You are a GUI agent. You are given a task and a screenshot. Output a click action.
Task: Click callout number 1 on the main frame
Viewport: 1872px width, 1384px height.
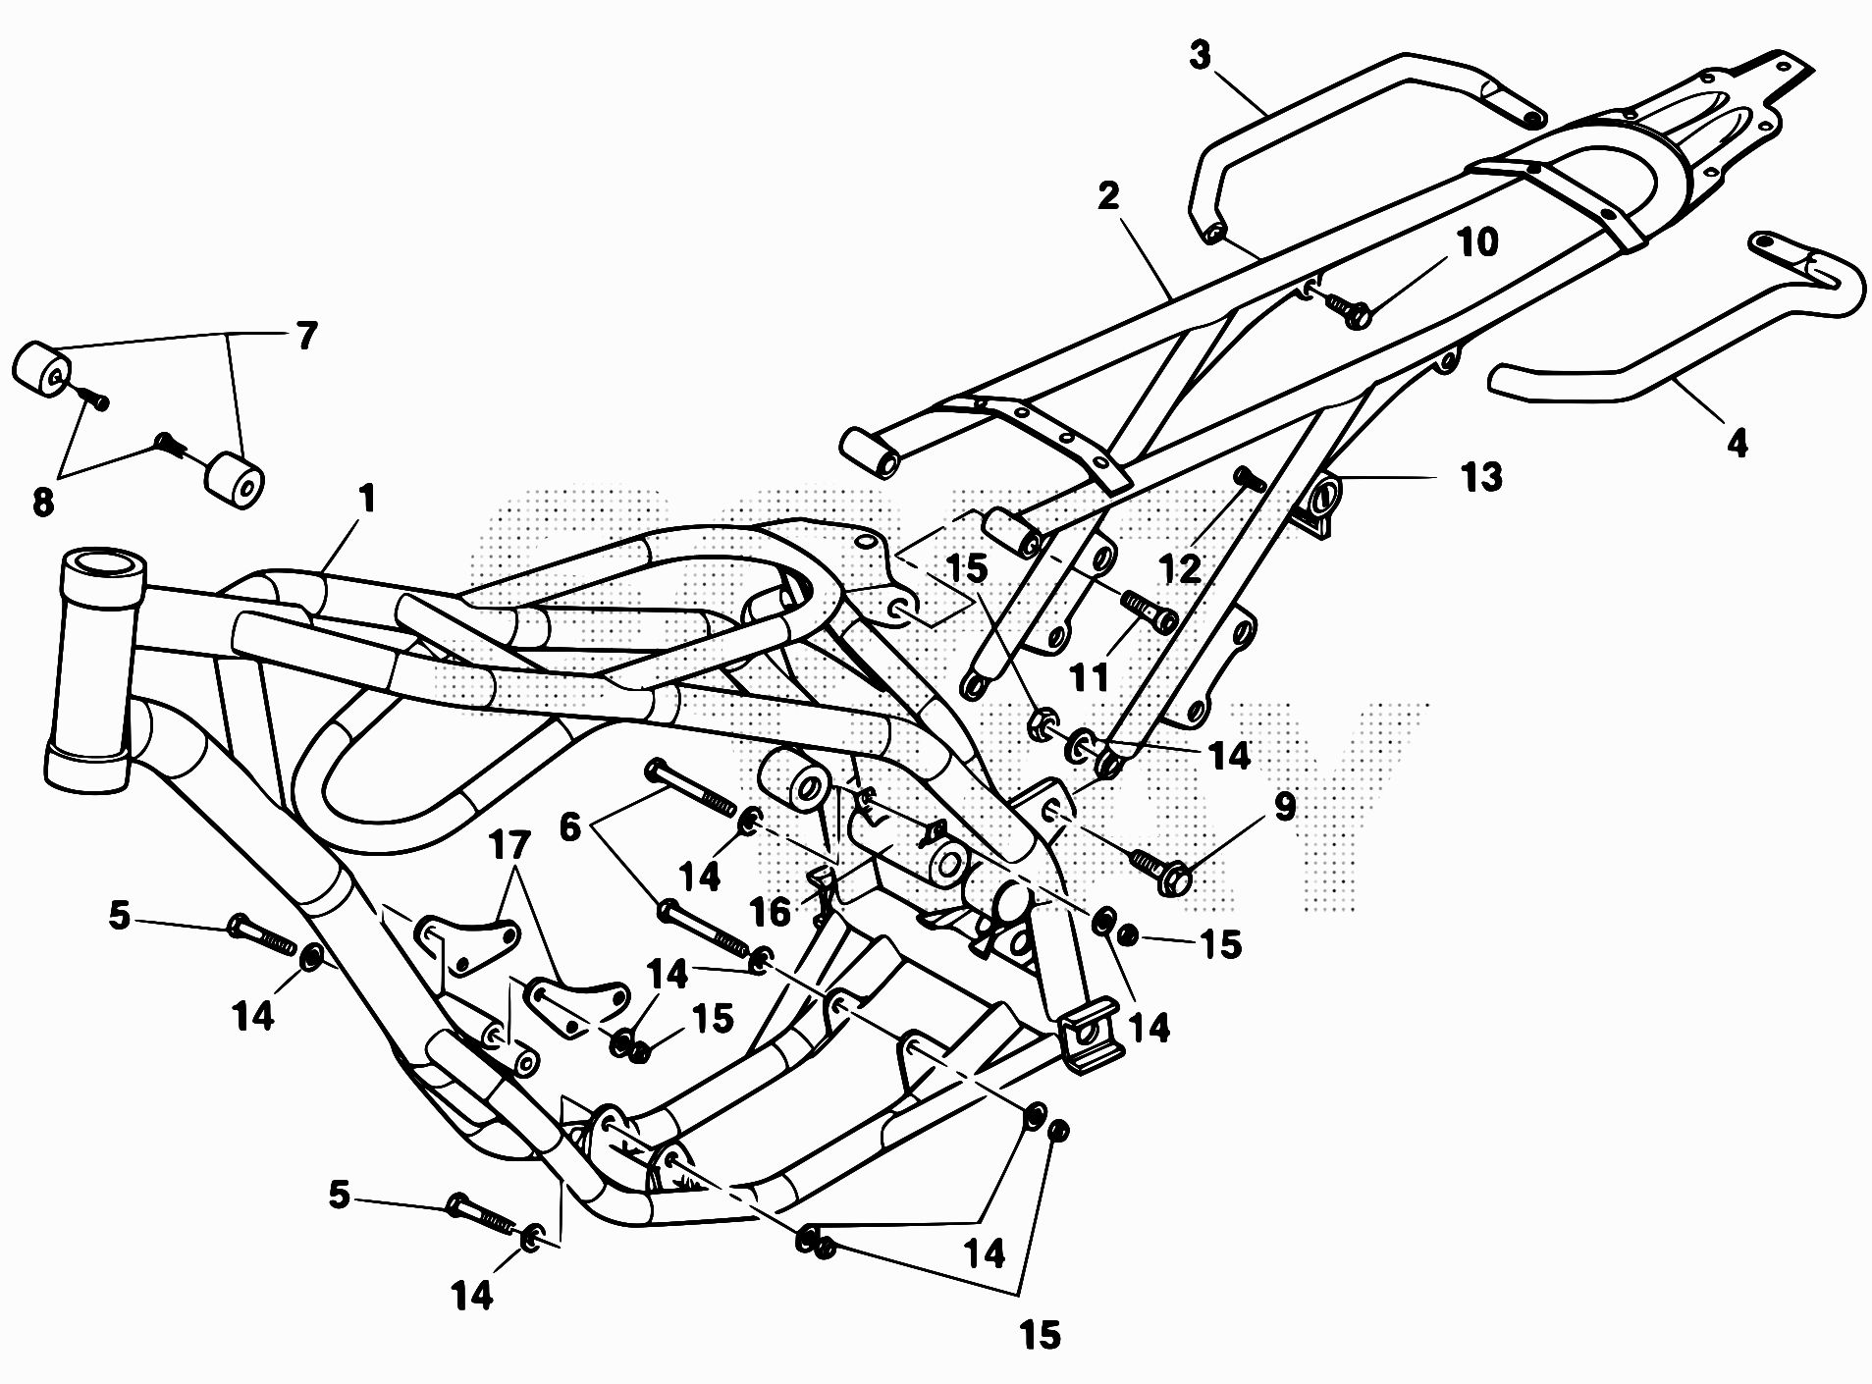tap(367, 499)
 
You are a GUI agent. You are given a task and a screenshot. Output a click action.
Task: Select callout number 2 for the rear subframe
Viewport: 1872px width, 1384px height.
tap(1107, 196)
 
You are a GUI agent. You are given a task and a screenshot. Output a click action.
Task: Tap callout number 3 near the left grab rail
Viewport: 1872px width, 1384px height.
tap(1200, 56)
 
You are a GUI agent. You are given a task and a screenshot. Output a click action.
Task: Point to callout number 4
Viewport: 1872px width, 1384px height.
tap(1737, 444)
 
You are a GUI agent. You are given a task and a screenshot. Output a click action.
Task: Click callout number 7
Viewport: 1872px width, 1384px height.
tap(307, 336)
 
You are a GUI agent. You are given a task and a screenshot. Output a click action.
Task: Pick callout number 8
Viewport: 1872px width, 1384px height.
tap(42, 503)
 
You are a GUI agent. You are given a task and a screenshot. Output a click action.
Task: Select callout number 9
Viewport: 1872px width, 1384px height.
tap(1284, 807)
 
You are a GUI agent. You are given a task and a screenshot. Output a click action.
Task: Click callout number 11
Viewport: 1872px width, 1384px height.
tap(1090, 676)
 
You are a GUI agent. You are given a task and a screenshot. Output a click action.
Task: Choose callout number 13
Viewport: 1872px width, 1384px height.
tap(1480, 477)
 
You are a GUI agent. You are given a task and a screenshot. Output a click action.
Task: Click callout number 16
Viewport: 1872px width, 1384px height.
tap(770, 912)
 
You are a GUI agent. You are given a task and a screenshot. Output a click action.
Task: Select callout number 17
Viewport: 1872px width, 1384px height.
tap(510, 845)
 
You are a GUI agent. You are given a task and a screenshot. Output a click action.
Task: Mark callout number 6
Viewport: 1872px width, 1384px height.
tap(569, 826)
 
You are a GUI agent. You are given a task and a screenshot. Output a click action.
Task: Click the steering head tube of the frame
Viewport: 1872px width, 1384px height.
tap(94, 667)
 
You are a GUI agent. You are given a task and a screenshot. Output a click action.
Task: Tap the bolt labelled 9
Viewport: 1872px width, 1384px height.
tap(1160, 868)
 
